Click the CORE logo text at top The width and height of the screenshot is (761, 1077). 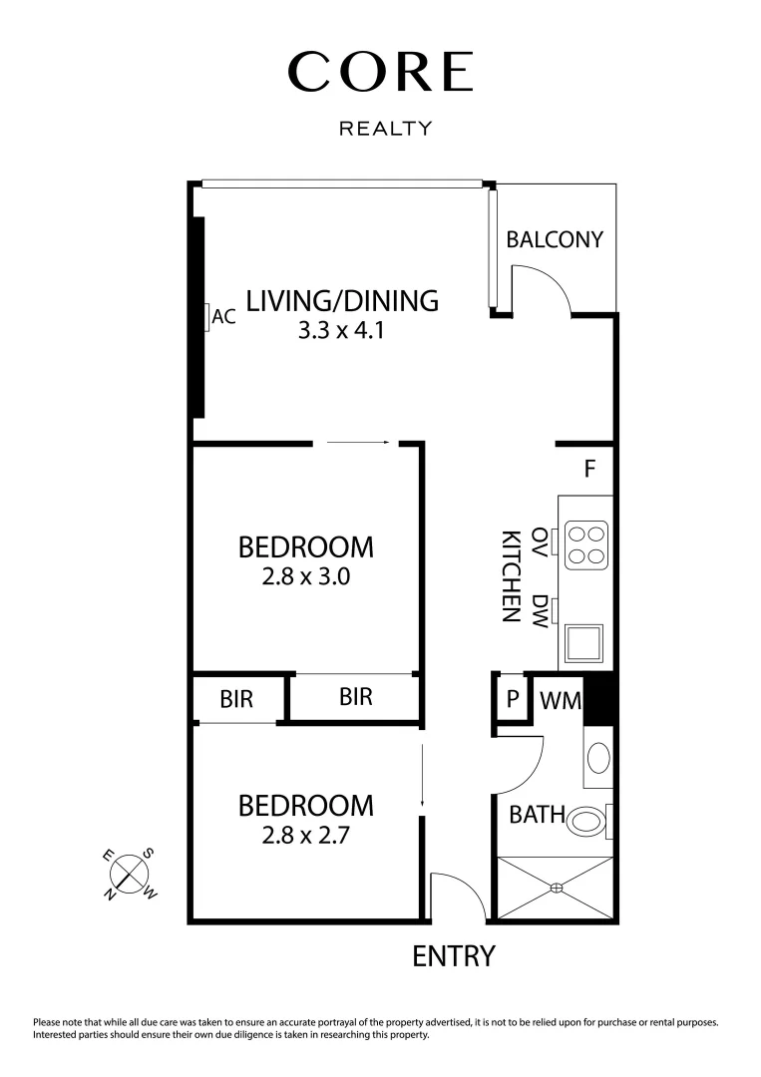(380, 72)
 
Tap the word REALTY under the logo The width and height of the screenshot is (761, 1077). (386, 129)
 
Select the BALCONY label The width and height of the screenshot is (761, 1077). (555, 239)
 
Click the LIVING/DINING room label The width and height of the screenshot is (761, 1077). (342, 300)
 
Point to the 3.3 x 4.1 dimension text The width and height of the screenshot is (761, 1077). (341, 330)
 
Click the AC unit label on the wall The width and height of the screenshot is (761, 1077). (223, 317)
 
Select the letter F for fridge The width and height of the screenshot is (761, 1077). (589, 469)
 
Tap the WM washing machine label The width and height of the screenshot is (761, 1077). (560, 699)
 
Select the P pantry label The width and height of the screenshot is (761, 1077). (513, 699)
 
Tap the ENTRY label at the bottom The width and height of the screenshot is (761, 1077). (454, 956)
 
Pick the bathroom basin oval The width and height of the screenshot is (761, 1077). (598, 758)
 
